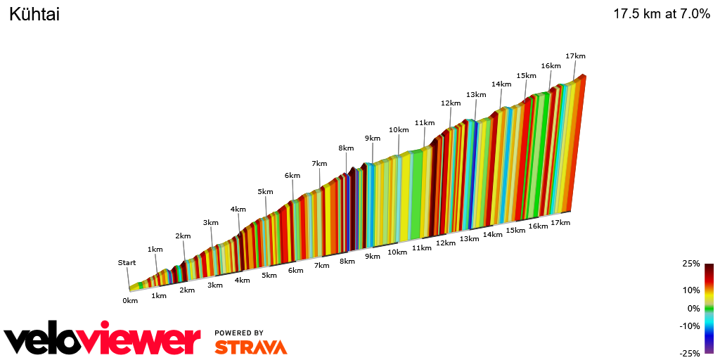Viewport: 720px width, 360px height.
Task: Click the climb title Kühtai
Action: coord(34,14)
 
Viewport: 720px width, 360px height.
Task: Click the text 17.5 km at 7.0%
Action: coord(661,14)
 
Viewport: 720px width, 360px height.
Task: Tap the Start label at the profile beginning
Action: coord(127,262)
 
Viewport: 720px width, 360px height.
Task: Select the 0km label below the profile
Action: coord(130,300)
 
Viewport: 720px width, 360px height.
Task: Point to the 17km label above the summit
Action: coord(575,56)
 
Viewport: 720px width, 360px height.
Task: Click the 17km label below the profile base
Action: coord(560,223)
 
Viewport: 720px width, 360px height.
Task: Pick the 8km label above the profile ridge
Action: coord(346,148)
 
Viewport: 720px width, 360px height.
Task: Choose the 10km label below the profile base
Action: coord(397,252)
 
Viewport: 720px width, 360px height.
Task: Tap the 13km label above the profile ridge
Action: coord(476,94)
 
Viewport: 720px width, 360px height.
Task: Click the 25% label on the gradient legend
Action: coord(691,264)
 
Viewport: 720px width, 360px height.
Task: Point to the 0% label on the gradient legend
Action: coord(693,308)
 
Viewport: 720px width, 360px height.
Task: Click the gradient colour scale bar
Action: coord(709,308)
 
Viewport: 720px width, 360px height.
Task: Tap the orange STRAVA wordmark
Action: coord(250,347)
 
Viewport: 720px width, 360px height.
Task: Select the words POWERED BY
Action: coord(239,333)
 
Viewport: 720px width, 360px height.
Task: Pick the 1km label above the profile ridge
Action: coord(155,249)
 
